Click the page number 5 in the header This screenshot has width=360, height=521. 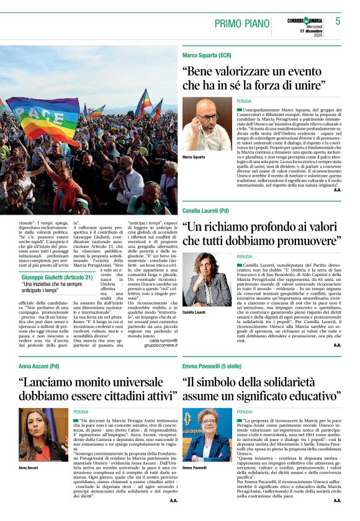(338, 22)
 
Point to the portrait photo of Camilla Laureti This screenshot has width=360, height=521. (207, 280)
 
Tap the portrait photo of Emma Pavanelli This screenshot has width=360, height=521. (207, 434)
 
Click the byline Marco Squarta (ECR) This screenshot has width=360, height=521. (207, 55)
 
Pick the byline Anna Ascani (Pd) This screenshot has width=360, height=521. (38, 367)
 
